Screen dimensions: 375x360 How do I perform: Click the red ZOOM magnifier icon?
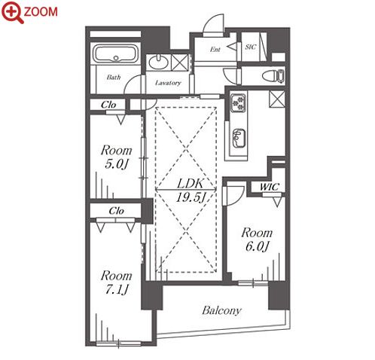click(13, 12)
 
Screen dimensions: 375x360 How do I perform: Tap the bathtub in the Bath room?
click(116, 53)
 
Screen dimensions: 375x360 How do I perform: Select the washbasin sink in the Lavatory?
click(158, 62)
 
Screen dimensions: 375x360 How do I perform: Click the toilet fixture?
click(273, 75)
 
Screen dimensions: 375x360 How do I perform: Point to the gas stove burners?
click(238, 103)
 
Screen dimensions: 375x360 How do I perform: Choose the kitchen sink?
click(239, 139)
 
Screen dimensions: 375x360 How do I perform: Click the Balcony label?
click(221, 310)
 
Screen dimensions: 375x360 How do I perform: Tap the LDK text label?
click(190, 184)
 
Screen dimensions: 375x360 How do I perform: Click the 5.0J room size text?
click(117, 164)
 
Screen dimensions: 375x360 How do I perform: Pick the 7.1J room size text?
click(116, 289)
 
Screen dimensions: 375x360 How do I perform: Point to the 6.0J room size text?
click(257, 246)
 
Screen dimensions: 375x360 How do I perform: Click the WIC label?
click(270, 187)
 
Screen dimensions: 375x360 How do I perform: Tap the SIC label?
click(251, 47)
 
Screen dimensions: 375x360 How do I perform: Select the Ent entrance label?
click(215, 50)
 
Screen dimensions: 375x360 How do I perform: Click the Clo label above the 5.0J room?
click(108, 105)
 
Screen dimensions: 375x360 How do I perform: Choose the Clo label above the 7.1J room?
click(117, 211)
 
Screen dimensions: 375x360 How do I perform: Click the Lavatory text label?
click(168, 83)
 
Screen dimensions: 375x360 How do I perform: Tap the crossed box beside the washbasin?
click(179, 63)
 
